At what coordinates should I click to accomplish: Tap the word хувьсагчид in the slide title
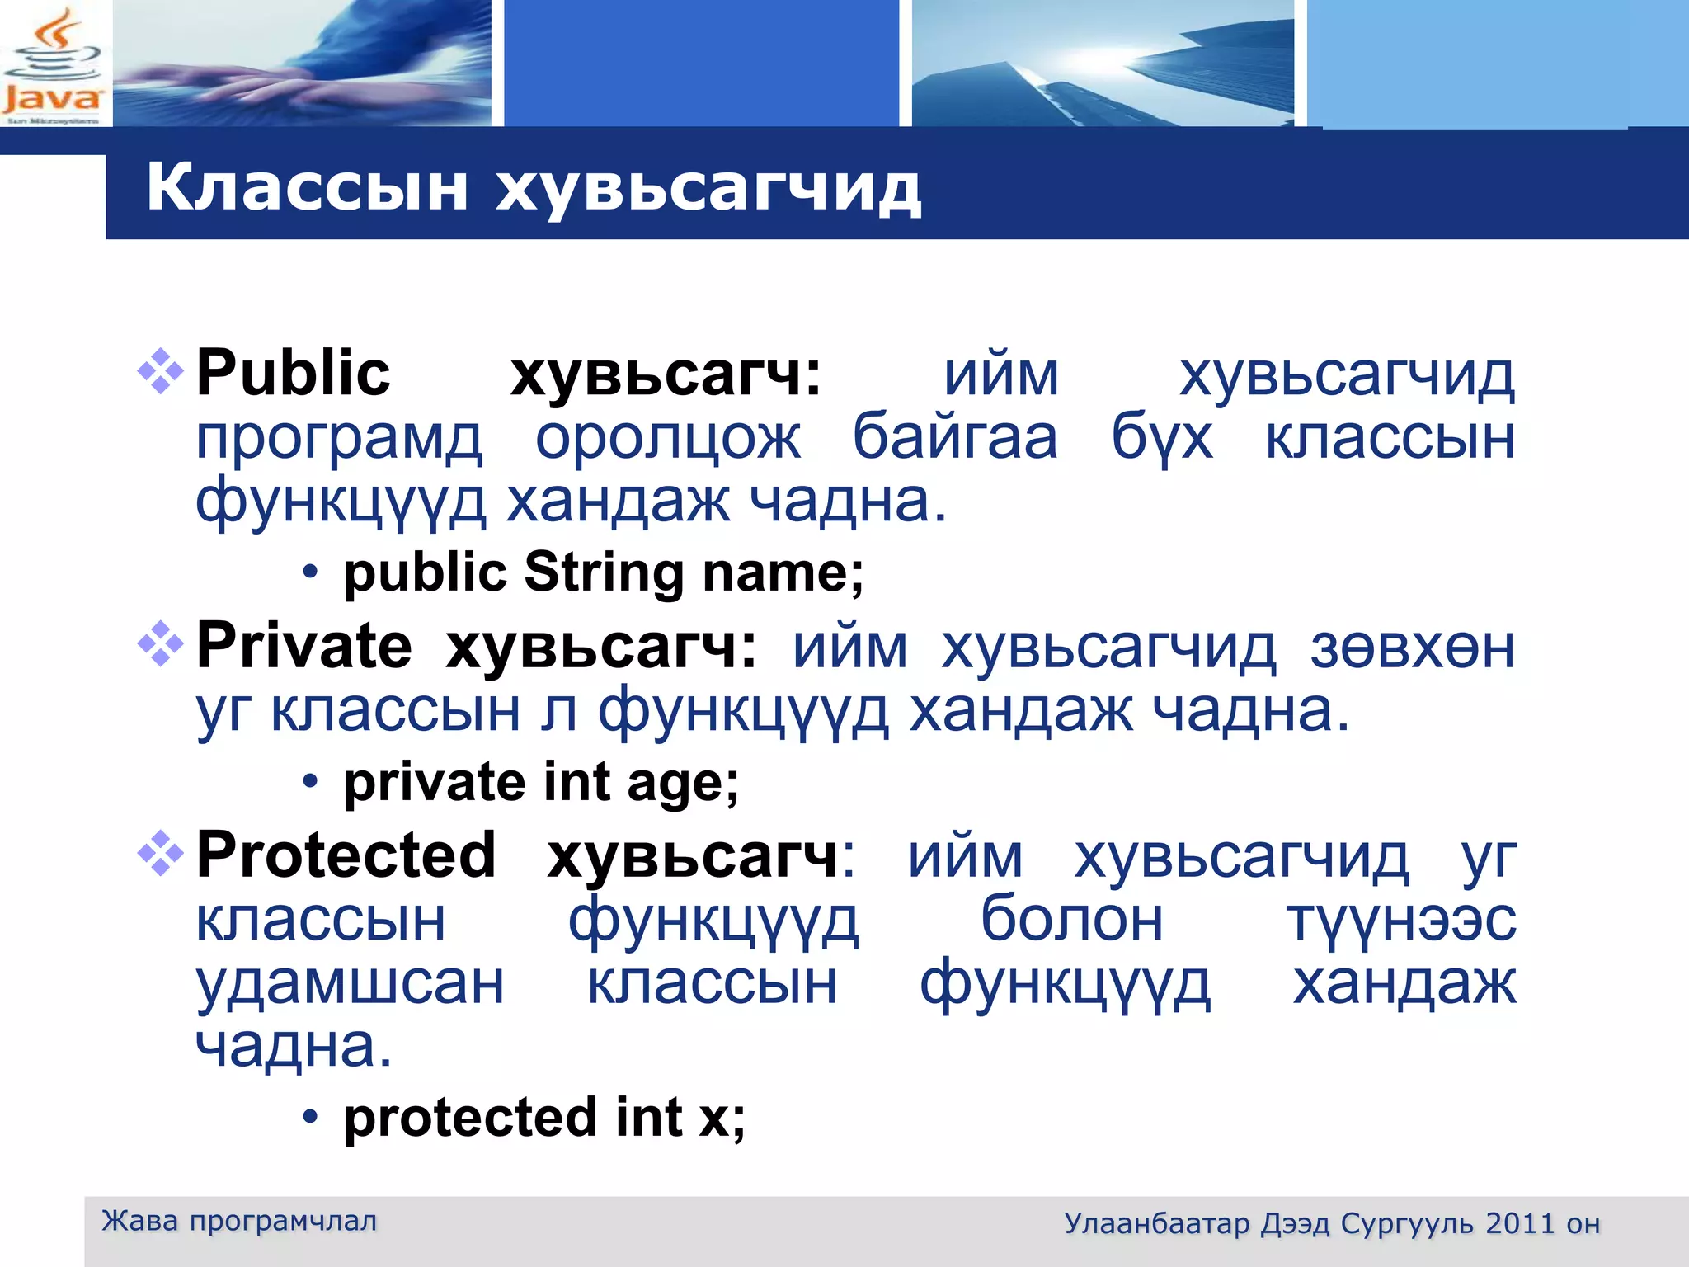[x=708, y=190]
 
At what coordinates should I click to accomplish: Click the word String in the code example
[x=604, y=572]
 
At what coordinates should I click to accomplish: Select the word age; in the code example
[x=683, y=782]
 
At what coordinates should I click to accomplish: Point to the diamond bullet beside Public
[x=160, y=372]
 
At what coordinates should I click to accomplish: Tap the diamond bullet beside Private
[x=160, y=644]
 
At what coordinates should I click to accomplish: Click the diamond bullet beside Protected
[x=160, y=854]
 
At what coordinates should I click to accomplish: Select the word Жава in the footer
[x=139, y=1221]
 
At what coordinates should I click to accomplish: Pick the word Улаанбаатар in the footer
[x=1156, y=1223]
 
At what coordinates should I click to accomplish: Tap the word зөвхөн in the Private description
[x=1412, y=648]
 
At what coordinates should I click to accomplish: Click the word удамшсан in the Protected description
[x=350, y=983]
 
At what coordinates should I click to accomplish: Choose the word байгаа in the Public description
[x=954, y=437]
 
